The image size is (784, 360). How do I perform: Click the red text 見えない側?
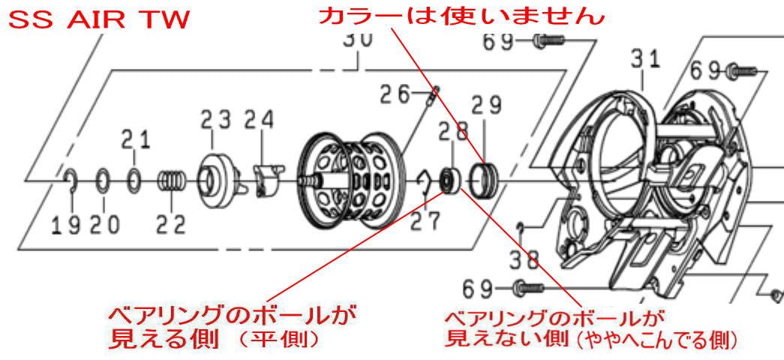(x=488, y=338)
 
